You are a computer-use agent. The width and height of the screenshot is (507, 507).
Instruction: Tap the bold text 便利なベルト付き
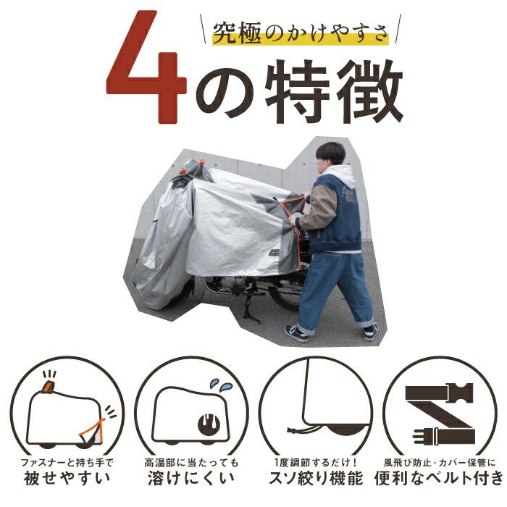point(437,478)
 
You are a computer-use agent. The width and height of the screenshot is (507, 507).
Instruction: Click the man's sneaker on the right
point(371,332)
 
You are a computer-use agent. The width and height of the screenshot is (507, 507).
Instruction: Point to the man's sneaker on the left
point(296,333)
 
